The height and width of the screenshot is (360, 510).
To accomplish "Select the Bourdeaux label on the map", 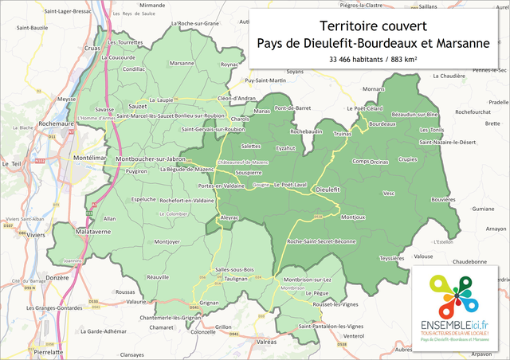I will (x=382, y=124).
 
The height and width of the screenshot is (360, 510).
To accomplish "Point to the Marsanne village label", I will (x=182, y=63).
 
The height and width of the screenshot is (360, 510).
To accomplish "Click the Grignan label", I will (x=208, y=303).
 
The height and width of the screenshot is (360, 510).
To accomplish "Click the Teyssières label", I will (x=391, y=258).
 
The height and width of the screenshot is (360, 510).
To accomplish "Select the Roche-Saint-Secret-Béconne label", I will (x=321, y=241).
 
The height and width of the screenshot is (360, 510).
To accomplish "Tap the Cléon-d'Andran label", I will (x=236, y=98).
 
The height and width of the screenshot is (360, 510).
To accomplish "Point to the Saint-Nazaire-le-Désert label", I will (x=447, y=142).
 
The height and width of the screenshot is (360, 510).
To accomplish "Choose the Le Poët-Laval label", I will (x=290, y=185).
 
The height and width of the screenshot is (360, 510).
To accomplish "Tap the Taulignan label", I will (x=237, y=280).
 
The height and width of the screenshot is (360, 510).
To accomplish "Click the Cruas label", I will (x=92, y=48).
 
